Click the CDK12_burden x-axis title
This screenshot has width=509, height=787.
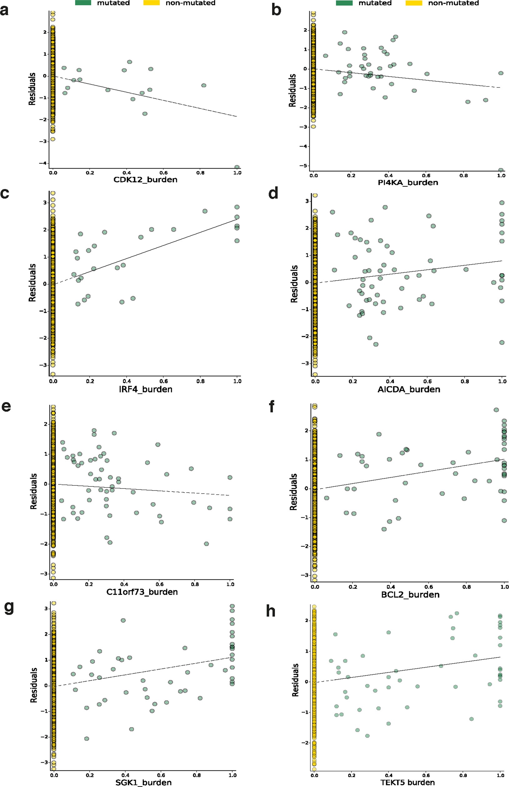coord(145,180)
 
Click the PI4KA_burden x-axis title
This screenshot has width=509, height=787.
coord(408,183)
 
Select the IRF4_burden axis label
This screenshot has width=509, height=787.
coord(145,390)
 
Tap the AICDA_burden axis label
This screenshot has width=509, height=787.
coord(408,390)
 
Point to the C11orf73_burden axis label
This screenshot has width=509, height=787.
coord(142,592)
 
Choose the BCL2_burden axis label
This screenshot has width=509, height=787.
coord(410,594)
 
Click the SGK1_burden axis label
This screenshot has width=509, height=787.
coord(143,782)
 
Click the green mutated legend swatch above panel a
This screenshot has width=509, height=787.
coord(83,3)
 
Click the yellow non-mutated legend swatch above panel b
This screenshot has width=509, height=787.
coord(413,3)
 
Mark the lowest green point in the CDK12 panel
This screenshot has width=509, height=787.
coord(237,167)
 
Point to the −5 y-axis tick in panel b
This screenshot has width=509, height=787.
coord(303,165)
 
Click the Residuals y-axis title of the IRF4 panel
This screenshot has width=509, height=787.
coord(32,283)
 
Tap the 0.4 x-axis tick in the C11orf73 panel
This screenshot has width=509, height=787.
coord(124,584)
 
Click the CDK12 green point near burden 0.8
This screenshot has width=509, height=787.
coord(204,85)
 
